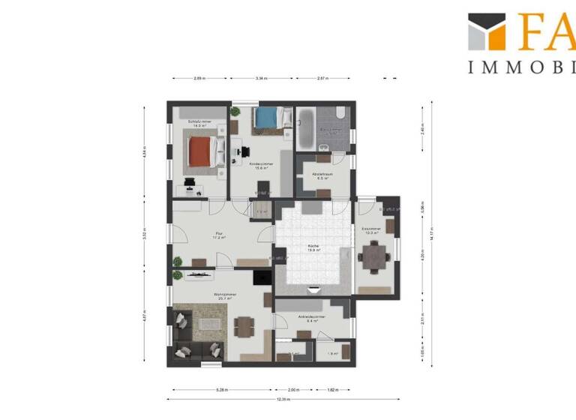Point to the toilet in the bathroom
340,113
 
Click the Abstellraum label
323,176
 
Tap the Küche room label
314,247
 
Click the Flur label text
219,235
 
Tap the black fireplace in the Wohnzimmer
262,277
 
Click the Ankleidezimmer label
310,318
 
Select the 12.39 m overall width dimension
282,399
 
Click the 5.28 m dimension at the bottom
222,390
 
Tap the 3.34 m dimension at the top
262,78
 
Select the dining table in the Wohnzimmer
244,325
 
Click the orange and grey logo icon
487,31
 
